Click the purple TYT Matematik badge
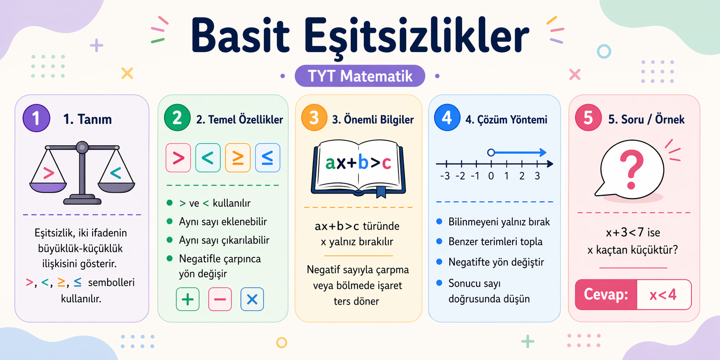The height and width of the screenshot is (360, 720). (x=360, y=76)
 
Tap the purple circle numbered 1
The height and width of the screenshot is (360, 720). (x=37, y=118)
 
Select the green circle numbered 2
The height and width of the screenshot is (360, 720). (x=177, y=118)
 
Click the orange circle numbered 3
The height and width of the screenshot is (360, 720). (x=314, y=118)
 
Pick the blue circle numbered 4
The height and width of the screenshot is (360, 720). (x=447, y=118)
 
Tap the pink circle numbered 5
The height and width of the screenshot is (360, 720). (x=588, y=118)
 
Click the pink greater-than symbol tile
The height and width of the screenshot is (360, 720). (x=178, y=158)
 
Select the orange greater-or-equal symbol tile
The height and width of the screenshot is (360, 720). (x=238, y=158)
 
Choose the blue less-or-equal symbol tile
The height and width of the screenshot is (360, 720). (x=267, y=158)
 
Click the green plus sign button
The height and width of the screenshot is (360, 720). (x=188, y=300)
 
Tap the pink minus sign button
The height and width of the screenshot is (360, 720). (x=220, y=300)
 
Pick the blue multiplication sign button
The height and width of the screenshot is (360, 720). (x=252, y=300)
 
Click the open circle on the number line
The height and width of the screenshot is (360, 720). (x=491, y=153)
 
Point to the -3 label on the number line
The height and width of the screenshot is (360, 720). (x=445, y=176)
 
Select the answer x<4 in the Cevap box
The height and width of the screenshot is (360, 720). (x=663, y=295)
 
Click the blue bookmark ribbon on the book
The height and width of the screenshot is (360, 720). (x=381, y=192)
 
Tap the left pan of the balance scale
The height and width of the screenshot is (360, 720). (x=48, y=187)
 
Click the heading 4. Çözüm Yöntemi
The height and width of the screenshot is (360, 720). (x=506, y=120)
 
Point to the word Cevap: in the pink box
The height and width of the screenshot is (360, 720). (x=606, y=295)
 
